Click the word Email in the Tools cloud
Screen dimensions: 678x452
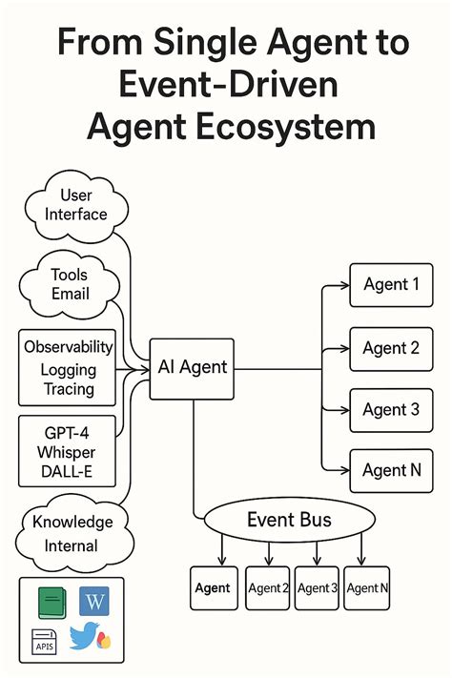tap(70, 294)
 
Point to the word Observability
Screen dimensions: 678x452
tap(69, 347)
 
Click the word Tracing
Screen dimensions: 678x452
tap(69, 389)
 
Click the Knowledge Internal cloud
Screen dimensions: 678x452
tap(72, 534)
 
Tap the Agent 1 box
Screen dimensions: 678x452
tap(391, 285)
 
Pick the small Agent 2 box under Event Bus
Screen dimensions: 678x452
tap(267, 588)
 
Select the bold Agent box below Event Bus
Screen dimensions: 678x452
tap(212, 588)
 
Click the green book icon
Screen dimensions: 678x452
tap(51, 603)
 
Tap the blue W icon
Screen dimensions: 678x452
tap(95, 602)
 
